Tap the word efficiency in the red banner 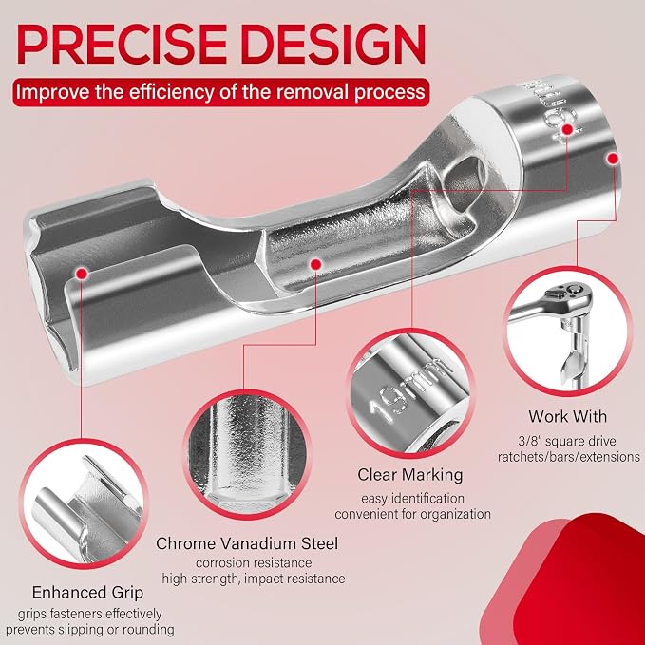[x=173, y=92]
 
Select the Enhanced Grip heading [x=87, y=593]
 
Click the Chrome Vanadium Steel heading [x=247, y=543]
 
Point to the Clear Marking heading [x=410, y=475]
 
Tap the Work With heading [x=568, y=416]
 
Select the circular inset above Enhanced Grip [x=84, y=503]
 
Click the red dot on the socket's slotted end [x=83, y=274]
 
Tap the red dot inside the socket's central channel [x=315, y=264]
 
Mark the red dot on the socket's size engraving [x=568, y=129]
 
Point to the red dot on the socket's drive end [x=613, y=159]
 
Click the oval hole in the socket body [x=465, y=178]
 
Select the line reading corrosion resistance [x=254, y=562]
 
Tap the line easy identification [x=412, y=499]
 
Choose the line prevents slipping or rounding [x=89, y=630]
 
